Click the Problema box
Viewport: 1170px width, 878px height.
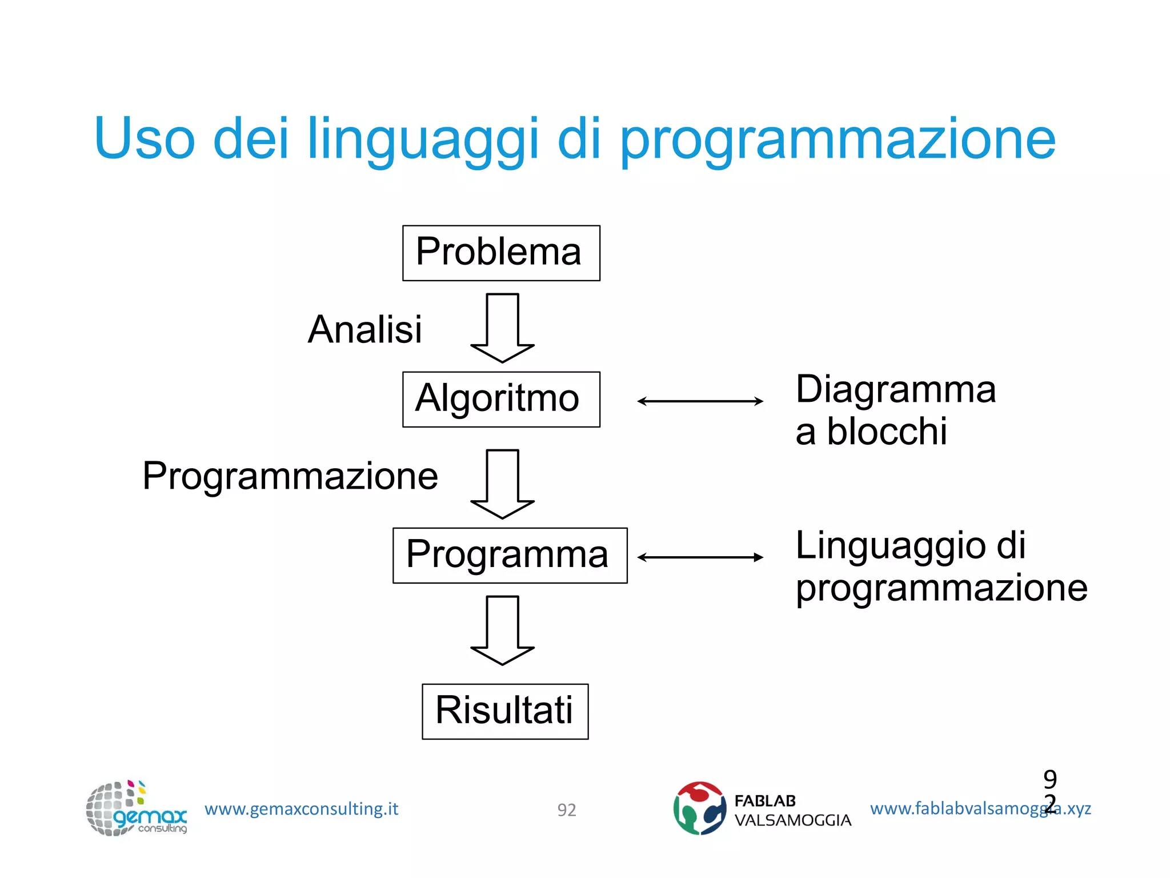[x=500, y=253]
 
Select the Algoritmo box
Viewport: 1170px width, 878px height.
[x=500, y=399]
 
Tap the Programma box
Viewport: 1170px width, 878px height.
[x=510, y=555]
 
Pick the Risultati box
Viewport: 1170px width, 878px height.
[x=505, y=711]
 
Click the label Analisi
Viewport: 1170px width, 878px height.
[x=364, y=330]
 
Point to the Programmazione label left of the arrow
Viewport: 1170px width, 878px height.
[x=290, y=476]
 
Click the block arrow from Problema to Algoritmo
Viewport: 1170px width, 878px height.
[x=502, y=328]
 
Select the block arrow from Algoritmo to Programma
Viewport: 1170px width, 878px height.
[x=502, y=484]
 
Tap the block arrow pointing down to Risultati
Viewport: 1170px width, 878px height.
[x=502, y=630]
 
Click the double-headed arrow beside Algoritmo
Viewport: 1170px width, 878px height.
[x=700, y=401]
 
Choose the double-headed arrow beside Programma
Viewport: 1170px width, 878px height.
[x=700, y=557]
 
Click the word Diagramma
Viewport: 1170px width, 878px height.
[x=895, y=390]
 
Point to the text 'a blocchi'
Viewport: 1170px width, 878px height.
[x=871, y=432]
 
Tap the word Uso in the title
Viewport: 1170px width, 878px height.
[x=145, y=139]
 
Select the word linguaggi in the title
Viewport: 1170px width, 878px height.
[x=422, y=139]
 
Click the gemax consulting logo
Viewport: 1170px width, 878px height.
[x=136, y=808]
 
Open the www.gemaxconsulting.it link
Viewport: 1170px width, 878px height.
[x=301, y=809]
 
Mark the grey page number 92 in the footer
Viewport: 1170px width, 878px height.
[x=566, y=810]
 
